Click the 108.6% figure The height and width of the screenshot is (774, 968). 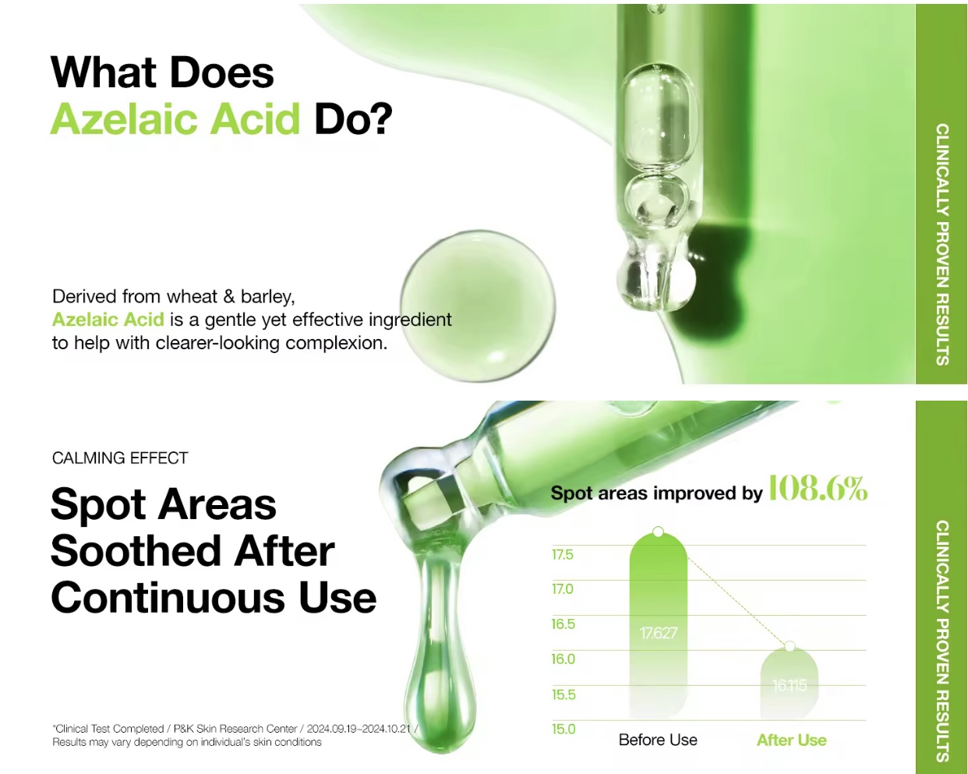[x=818, y=488]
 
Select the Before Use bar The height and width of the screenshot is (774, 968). [x=658, y=625]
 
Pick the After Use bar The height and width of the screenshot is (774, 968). [x=790, y=683]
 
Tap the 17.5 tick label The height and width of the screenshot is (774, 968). [x=562, y=554]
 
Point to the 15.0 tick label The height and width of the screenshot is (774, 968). [x=563, y=729]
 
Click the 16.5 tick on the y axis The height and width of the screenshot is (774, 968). [x=563, y=624]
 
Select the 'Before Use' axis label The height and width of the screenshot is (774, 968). [x=658, y=740]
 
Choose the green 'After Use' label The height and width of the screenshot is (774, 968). [x=791, y=740]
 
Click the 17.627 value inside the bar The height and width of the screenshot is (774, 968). [x=658, y=633]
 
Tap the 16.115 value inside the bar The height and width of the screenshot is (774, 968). [x=790, y=686]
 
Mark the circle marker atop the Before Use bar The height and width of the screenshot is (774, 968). [x=658, y=532]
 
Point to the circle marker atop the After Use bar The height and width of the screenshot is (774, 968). [x=790, y=647]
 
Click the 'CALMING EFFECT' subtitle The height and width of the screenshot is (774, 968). [x=120, y=458]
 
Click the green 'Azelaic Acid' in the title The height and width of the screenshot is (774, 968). [x=175, y=118]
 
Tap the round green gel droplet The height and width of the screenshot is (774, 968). [x=478, y=306]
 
